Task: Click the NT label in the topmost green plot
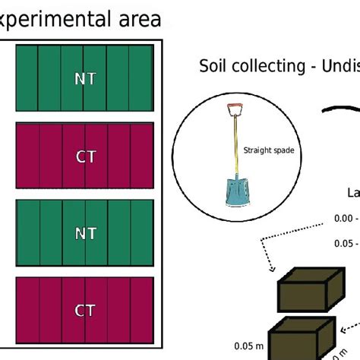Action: pos(85,78)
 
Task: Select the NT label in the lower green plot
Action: pos(85,233)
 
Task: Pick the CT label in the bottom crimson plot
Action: pos(85,311)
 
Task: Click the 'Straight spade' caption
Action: pos(268,150)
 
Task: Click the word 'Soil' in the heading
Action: pos(214,66)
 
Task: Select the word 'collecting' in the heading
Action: pos(270,67)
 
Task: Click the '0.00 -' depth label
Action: pos(343,218)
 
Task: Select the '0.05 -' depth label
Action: pos(343,244)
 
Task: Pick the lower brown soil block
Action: pos(300,338)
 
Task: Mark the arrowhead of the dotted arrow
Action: pos(269,269)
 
